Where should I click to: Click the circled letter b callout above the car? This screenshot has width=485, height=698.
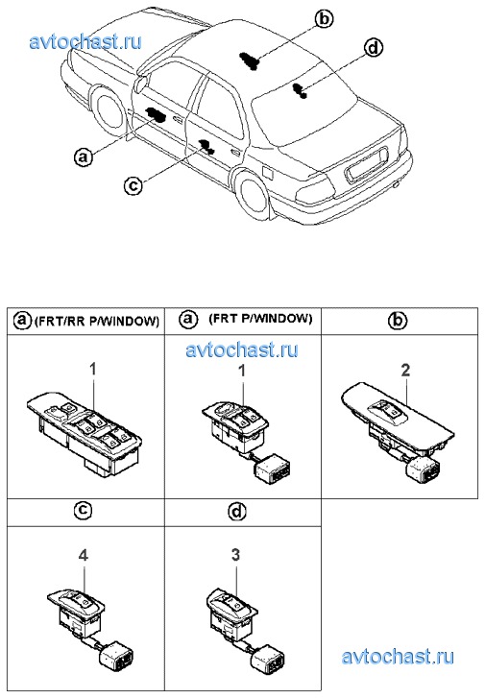point(324,18)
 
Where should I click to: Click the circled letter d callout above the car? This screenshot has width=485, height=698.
point(373,48)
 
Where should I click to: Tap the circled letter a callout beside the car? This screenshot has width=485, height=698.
point(84,157)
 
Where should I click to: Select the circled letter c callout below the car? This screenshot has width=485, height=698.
point(133,184)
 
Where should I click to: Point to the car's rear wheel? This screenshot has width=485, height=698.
point(253,194)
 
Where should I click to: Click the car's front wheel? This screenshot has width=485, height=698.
point(109,112)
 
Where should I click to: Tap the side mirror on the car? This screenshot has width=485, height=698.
point(142,84)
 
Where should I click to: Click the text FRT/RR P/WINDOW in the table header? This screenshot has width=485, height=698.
point(97,321)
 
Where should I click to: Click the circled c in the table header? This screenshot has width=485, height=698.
point(82,511)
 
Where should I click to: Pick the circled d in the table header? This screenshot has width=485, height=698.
point(237,511)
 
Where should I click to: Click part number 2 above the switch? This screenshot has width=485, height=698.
point(405,371)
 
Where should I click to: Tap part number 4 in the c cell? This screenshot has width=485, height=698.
point(83,555)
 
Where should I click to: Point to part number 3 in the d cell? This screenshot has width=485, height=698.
point(235,555)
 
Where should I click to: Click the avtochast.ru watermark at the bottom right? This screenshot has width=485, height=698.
point(398,657)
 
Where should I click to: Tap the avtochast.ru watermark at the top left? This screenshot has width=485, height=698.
point(85,42)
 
